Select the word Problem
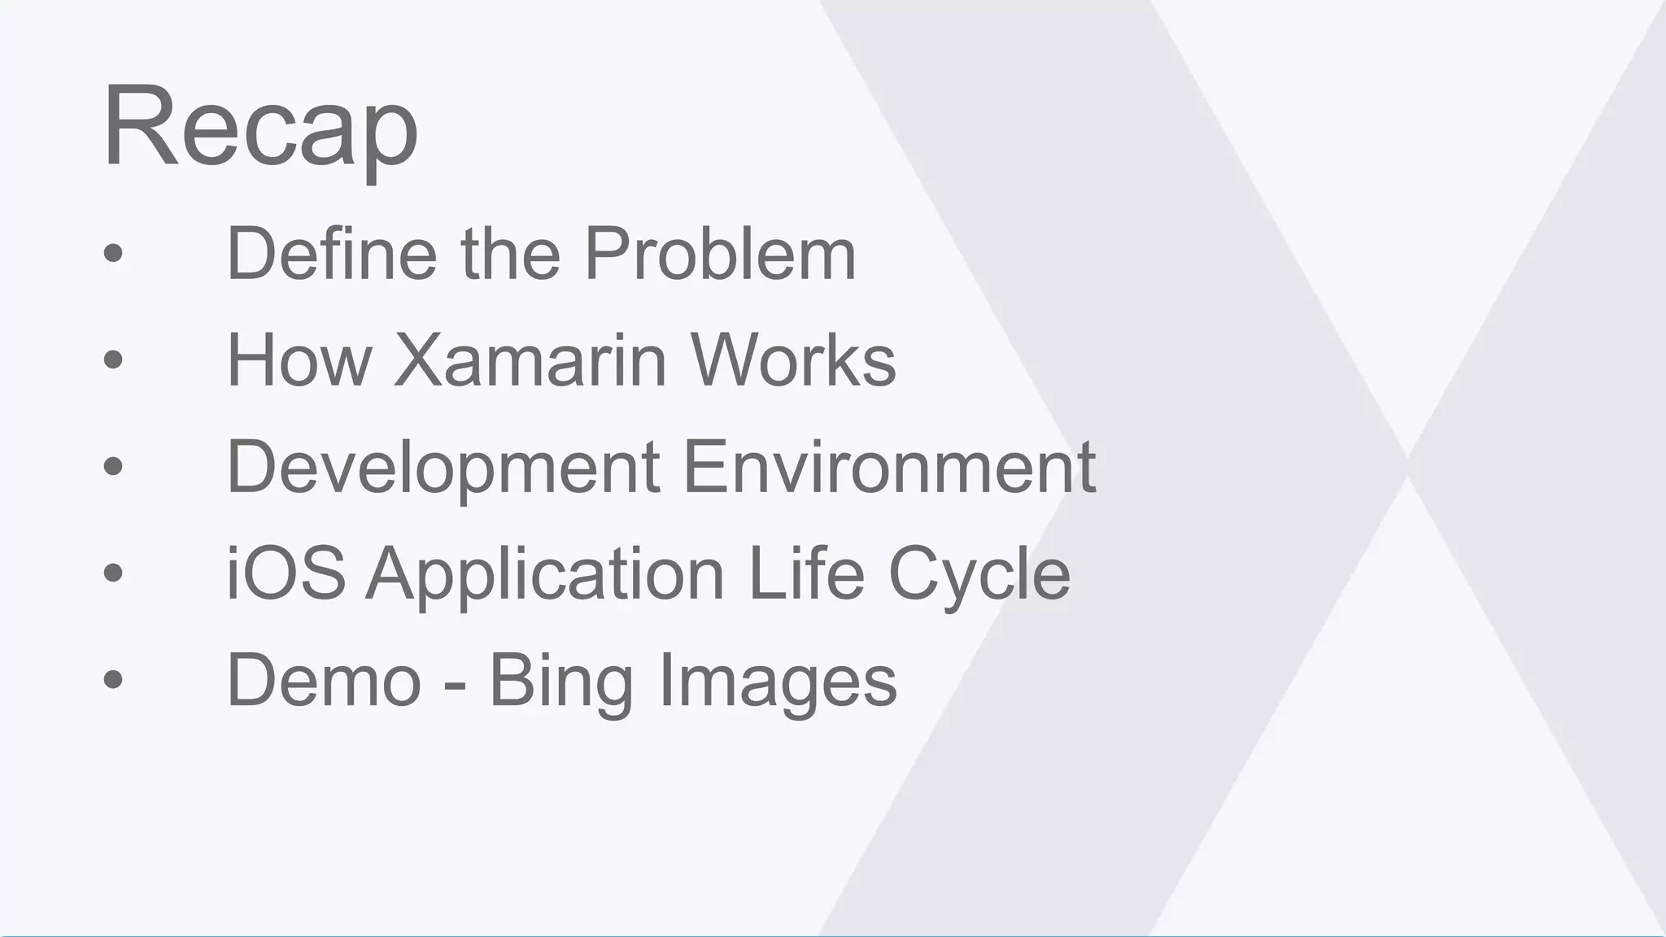click(x=720, y=254)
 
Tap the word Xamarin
click(x=530, y=360)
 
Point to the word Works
click(x=793, y=360)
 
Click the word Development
click(x=443, y=467)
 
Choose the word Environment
click(x=890, y=467)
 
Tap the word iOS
click(x=286, y=573)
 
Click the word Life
click(x=805, y=573)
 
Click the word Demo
click(x=324, y=680)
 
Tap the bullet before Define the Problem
click(x=113, y=253)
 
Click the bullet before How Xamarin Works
click(x=113, y=360)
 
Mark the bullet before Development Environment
click(x=113, y=466)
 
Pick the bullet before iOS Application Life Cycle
click(x=113, y=573)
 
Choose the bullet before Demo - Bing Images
click(x=113, y=679)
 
